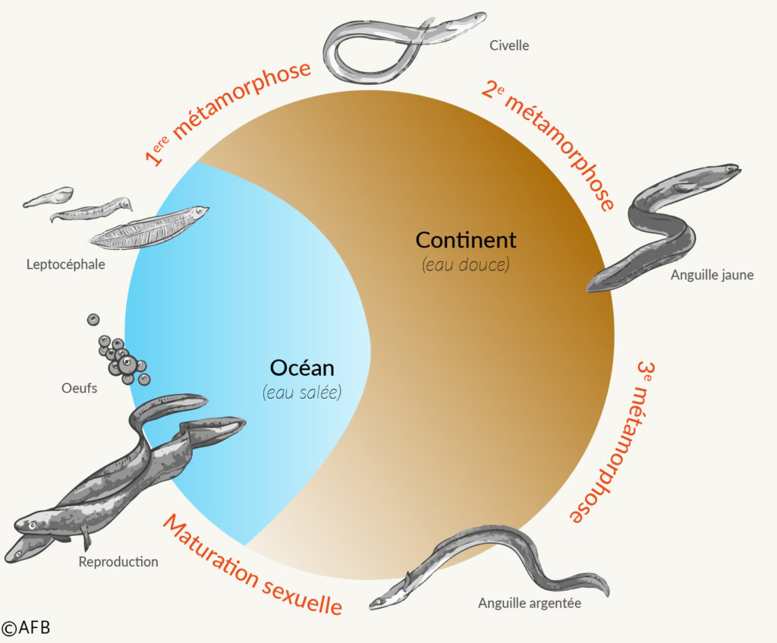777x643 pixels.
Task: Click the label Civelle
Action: [510, 46]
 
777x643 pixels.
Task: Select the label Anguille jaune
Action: [712, 275]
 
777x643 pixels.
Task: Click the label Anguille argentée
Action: [529, 603]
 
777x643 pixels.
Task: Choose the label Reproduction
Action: [118, 562]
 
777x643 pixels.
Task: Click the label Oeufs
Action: [79, 388]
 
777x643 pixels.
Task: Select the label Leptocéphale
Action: [65, 265]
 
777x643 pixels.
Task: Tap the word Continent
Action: [466, 241]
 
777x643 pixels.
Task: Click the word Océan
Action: [302, 368]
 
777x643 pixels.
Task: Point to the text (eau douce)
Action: [465, 266]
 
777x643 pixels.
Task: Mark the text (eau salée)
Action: [302, 392]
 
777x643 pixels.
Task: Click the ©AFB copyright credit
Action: [26, 628]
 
